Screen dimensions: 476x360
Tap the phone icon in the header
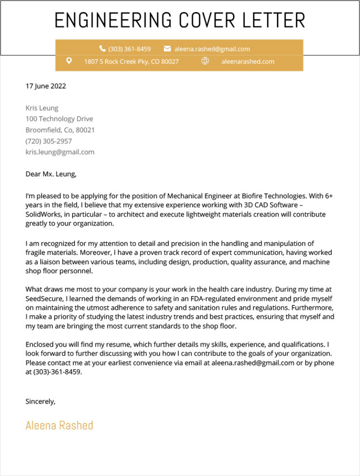[102, 49]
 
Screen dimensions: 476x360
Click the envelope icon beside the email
[167, 49]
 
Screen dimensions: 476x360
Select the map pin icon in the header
[69, 61]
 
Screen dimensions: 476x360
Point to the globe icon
[205, 61]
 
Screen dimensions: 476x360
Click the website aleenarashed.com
[247, 61]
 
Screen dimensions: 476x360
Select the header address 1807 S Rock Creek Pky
[131, 61]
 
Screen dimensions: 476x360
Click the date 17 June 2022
[45, 86]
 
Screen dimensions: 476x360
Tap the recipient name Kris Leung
[42, 108]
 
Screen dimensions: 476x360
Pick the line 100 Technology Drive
[59, 119]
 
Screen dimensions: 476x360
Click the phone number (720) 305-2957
[48, 141]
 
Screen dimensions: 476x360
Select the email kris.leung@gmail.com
[60, 152]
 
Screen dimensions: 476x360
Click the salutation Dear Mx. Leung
[50, 174]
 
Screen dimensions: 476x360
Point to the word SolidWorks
[43, 214]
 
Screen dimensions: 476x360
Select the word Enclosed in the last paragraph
[40, 344]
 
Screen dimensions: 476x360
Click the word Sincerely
[40, 402]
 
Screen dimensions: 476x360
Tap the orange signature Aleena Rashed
[59, 425]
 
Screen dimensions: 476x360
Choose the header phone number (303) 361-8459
[129, 49]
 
